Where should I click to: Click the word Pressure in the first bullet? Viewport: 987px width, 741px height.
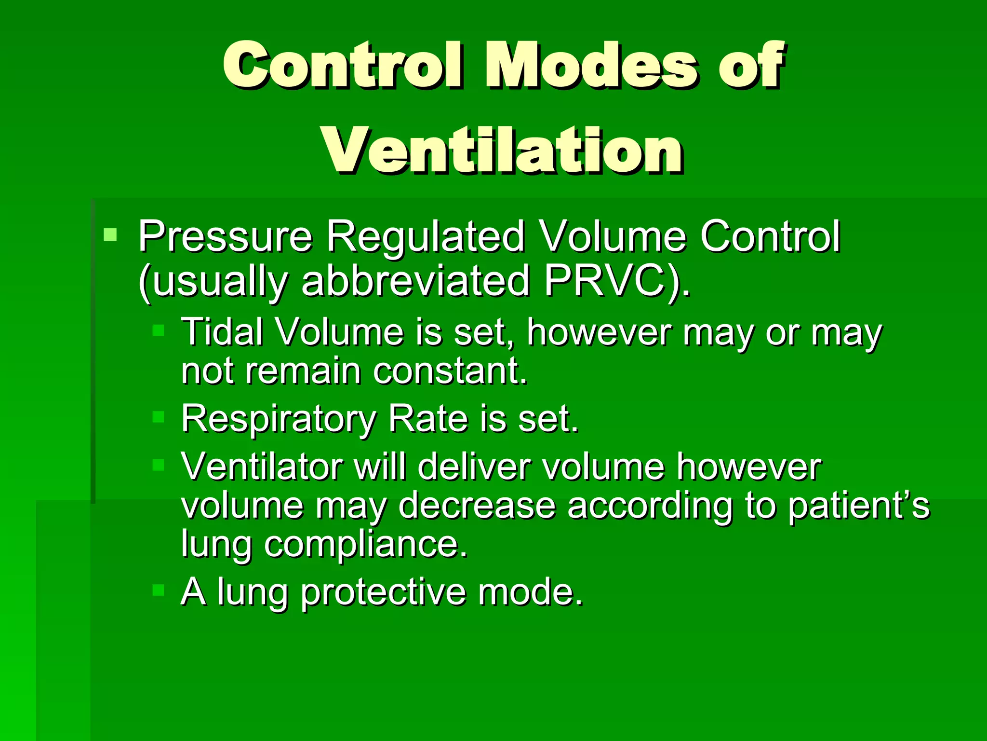point(225,236)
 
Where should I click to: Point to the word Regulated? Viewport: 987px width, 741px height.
point(425,236)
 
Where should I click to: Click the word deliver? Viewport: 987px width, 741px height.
point(474,467)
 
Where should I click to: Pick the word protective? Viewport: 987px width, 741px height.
point(383,592)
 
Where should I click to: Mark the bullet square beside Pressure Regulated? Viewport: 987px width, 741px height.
point(110,235)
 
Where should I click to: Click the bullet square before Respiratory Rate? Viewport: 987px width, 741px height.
point(158,416)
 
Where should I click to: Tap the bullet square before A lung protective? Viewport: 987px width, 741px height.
point(158,590)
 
